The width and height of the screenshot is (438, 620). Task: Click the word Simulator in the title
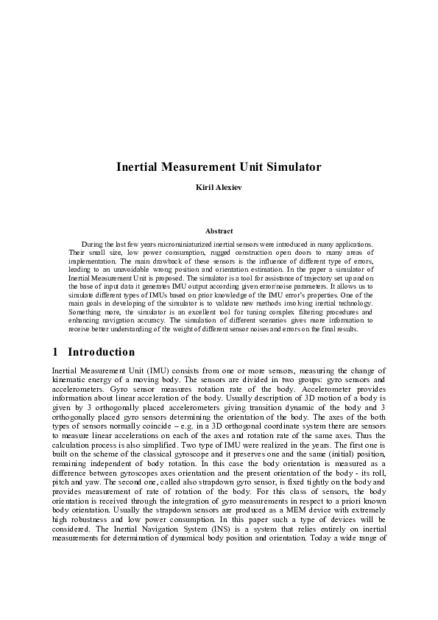pyautogui.click(x=292, y=167)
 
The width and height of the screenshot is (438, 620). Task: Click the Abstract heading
pyautogui.click(x=219, y=231)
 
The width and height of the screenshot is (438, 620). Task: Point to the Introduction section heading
pyautogui.click(x=102, y=352)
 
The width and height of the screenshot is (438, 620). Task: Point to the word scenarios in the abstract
pyautogui.click(x=262, y=321)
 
